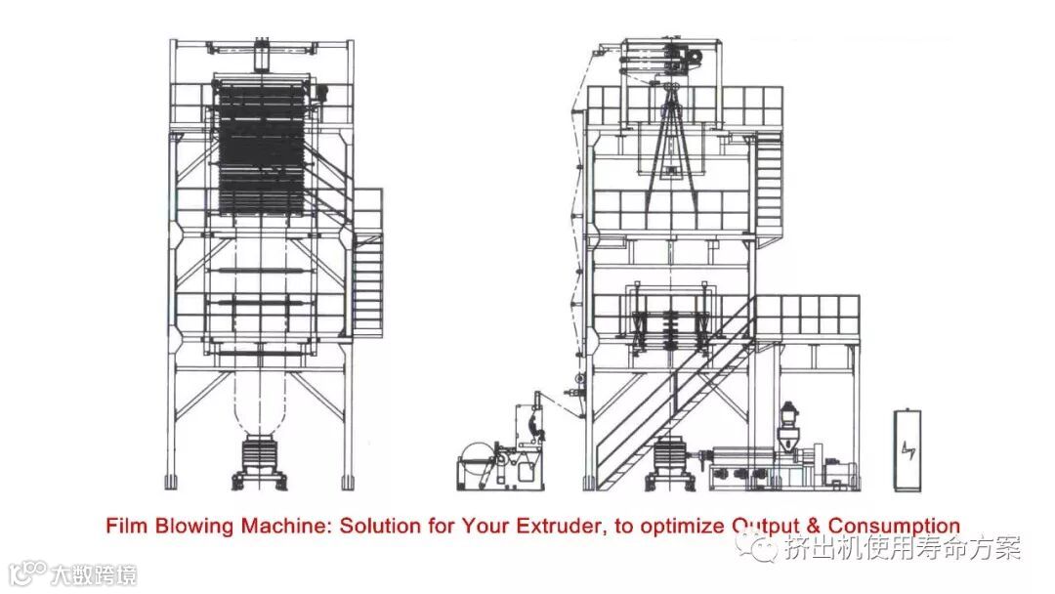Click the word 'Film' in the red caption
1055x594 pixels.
(124, 526)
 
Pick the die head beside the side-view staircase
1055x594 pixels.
(672, 459)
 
